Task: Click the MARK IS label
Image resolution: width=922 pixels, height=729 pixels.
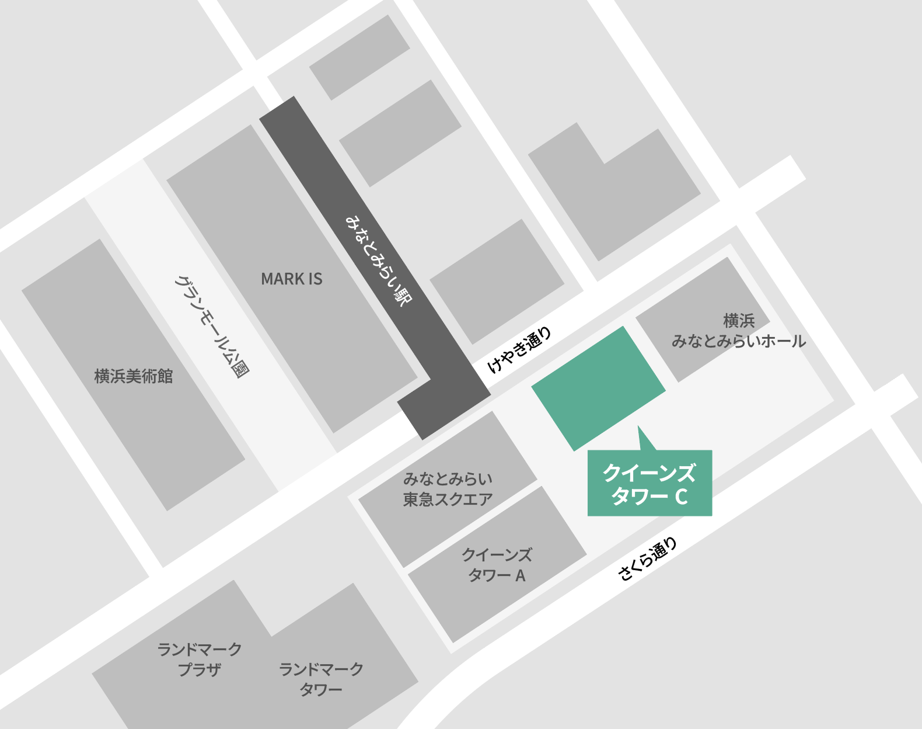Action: click(291, 279)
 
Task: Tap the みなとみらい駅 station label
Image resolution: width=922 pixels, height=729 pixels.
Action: click(379, 260)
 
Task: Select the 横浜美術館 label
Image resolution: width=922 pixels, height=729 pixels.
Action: click(134, 376)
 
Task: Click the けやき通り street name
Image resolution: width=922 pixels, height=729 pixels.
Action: click(519, 350)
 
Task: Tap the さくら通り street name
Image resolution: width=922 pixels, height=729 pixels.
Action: click(647, 559)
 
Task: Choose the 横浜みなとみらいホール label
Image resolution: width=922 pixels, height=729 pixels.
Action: click(738, 331)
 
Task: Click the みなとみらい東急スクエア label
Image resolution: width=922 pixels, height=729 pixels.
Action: click(448, 490)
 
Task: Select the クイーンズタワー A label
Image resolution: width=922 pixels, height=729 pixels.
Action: click(497, 565)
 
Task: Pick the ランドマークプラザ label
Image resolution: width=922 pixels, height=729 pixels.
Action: click(200, 659)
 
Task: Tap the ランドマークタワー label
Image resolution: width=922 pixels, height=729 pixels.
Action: click(321, 679)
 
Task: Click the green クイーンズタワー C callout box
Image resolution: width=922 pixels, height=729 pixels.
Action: click(649, 483)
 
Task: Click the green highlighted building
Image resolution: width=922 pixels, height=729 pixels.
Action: click(598, 388)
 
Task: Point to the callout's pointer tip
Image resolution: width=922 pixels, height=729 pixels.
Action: click(638, 427)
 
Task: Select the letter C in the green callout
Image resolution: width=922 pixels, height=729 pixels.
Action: click(681, 497)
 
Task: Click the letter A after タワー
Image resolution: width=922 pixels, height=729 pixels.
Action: click(520, 576)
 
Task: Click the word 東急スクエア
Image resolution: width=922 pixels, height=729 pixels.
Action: click(448, 500)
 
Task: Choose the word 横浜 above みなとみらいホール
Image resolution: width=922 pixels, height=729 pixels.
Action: click(739, 321)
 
